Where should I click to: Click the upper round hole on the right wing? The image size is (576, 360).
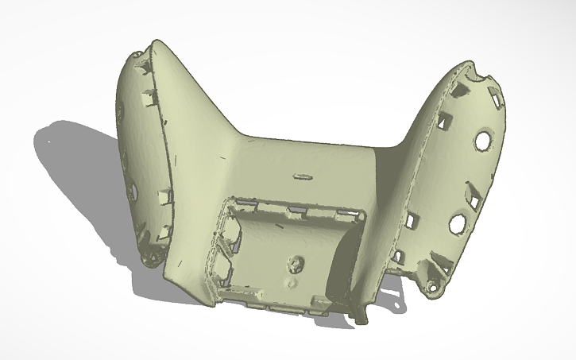coord(482,140)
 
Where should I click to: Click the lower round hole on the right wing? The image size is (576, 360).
coord(458,224)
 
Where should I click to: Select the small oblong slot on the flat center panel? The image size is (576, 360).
coord(303,175)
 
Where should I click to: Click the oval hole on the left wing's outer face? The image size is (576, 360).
coord(133,192)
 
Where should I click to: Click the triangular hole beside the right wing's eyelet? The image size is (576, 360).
coord(440,261)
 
